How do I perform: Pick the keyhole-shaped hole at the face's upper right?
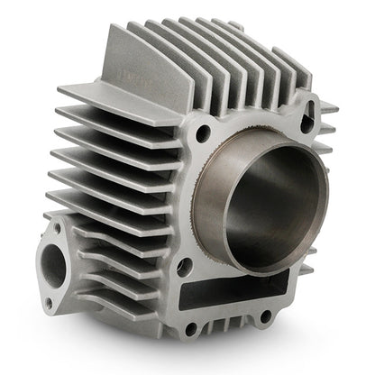coord(310,114)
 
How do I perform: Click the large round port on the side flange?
coord(54,267)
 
